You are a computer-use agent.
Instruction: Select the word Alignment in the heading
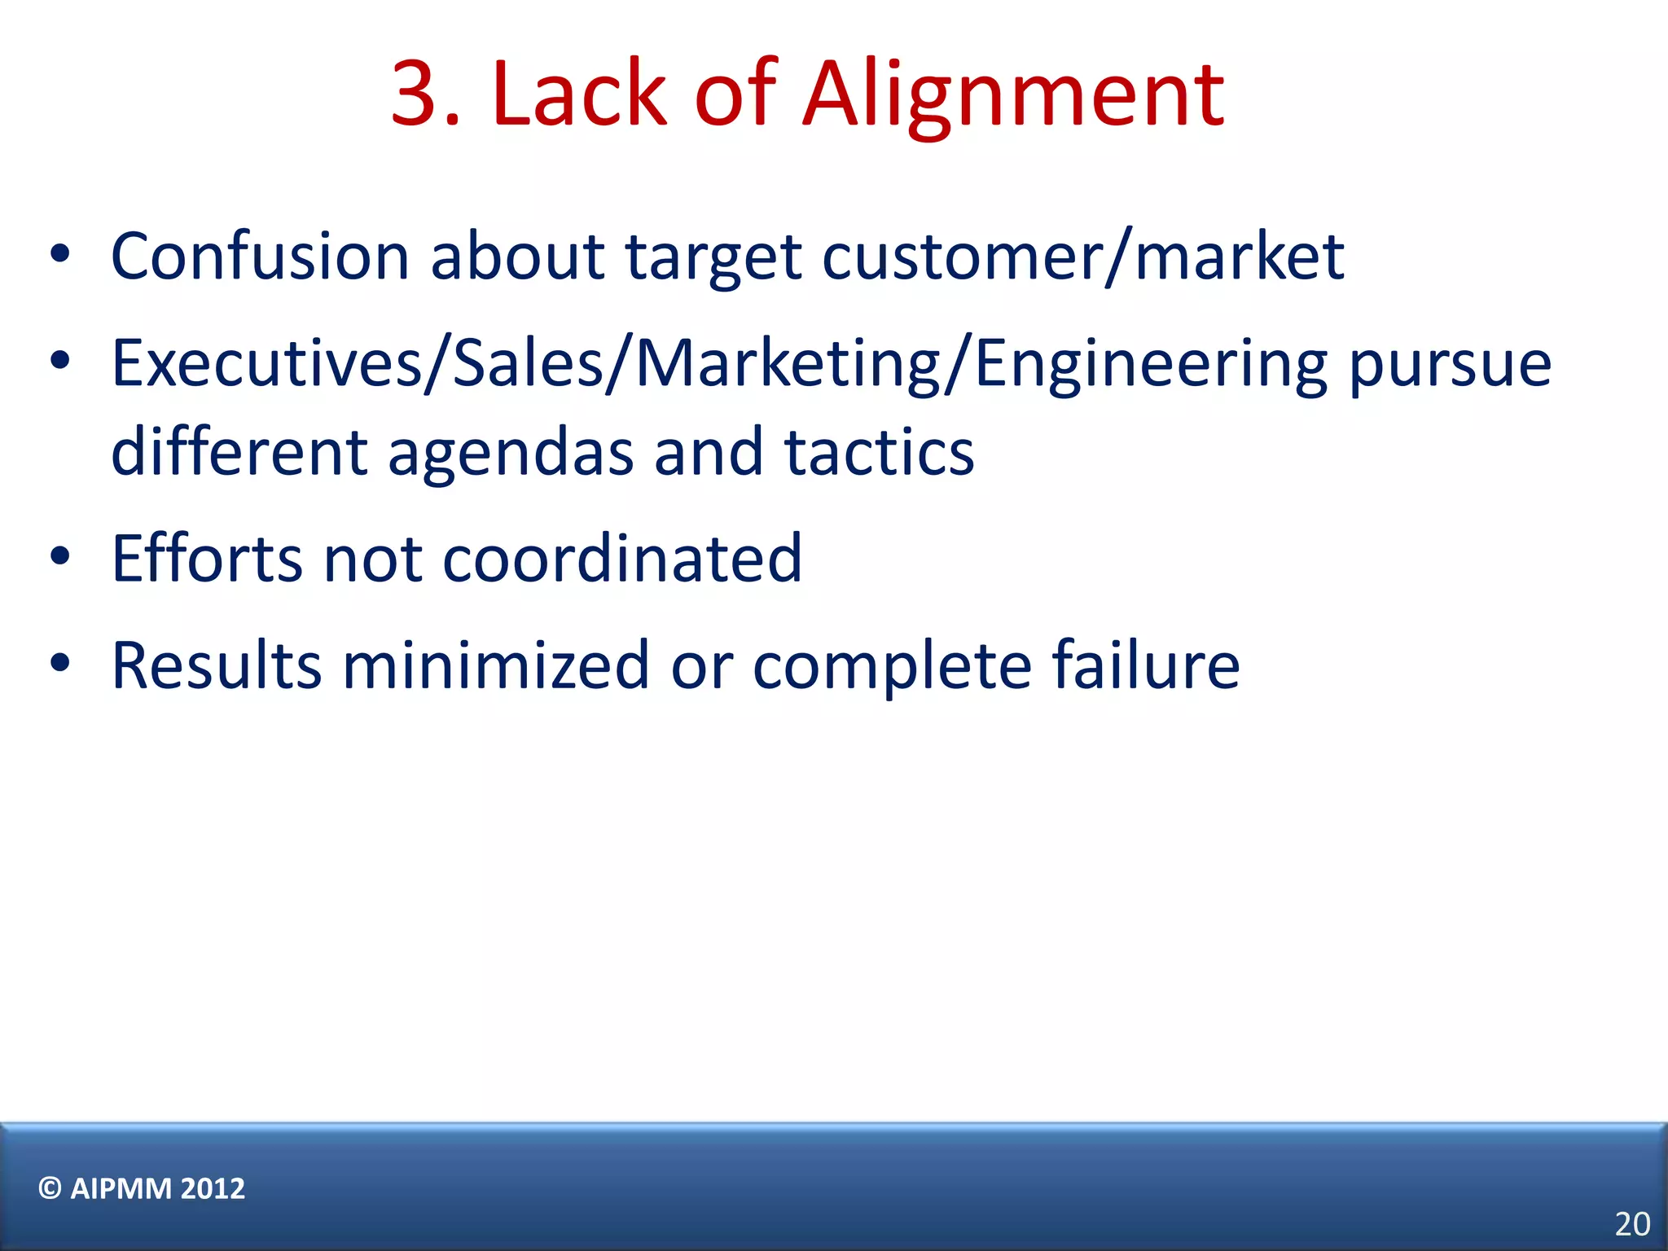tap(1013, 96)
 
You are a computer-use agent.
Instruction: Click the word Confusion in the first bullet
tap(260, 257)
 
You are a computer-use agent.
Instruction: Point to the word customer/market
tap(1082, 257)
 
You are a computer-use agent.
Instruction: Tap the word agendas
tap(511, 453)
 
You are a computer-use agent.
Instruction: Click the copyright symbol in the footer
tap(50, 1188)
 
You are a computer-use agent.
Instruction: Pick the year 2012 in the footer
tap(213, 1188)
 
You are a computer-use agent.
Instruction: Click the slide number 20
tap(1632, 1224)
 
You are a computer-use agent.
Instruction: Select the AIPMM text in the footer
tap(121, 1188)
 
